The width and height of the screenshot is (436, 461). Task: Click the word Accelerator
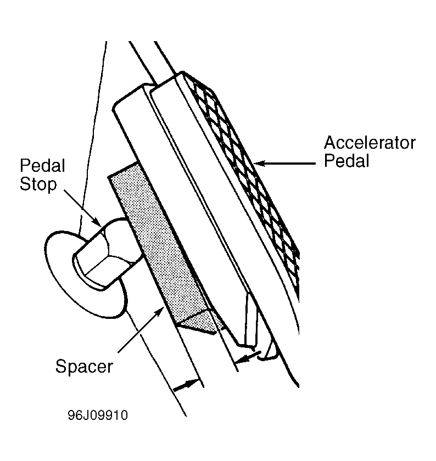click(370, 143)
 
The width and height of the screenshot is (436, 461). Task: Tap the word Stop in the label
click(38, 184)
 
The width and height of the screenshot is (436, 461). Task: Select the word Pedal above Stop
click(42, 166)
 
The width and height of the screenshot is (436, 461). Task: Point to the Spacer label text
click(84, 367)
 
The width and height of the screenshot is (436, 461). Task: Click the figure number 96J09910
click(98, 415)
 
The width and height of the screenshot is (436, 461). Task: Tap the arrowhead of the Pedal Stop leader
click(98, 221)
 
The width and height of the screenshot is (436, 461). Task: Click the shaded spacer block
click(156, 244)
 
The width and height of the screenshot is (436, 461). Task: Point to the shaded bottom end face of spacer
click(200, 322)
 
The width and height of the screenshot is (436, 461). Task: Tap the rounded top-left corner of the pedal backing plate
click(115, 107)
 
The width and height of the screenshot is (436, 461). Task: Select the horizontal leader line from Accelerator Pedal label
click(285, 163)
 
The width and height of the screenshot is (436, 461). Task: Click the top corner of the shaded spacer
click(136, 162)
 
